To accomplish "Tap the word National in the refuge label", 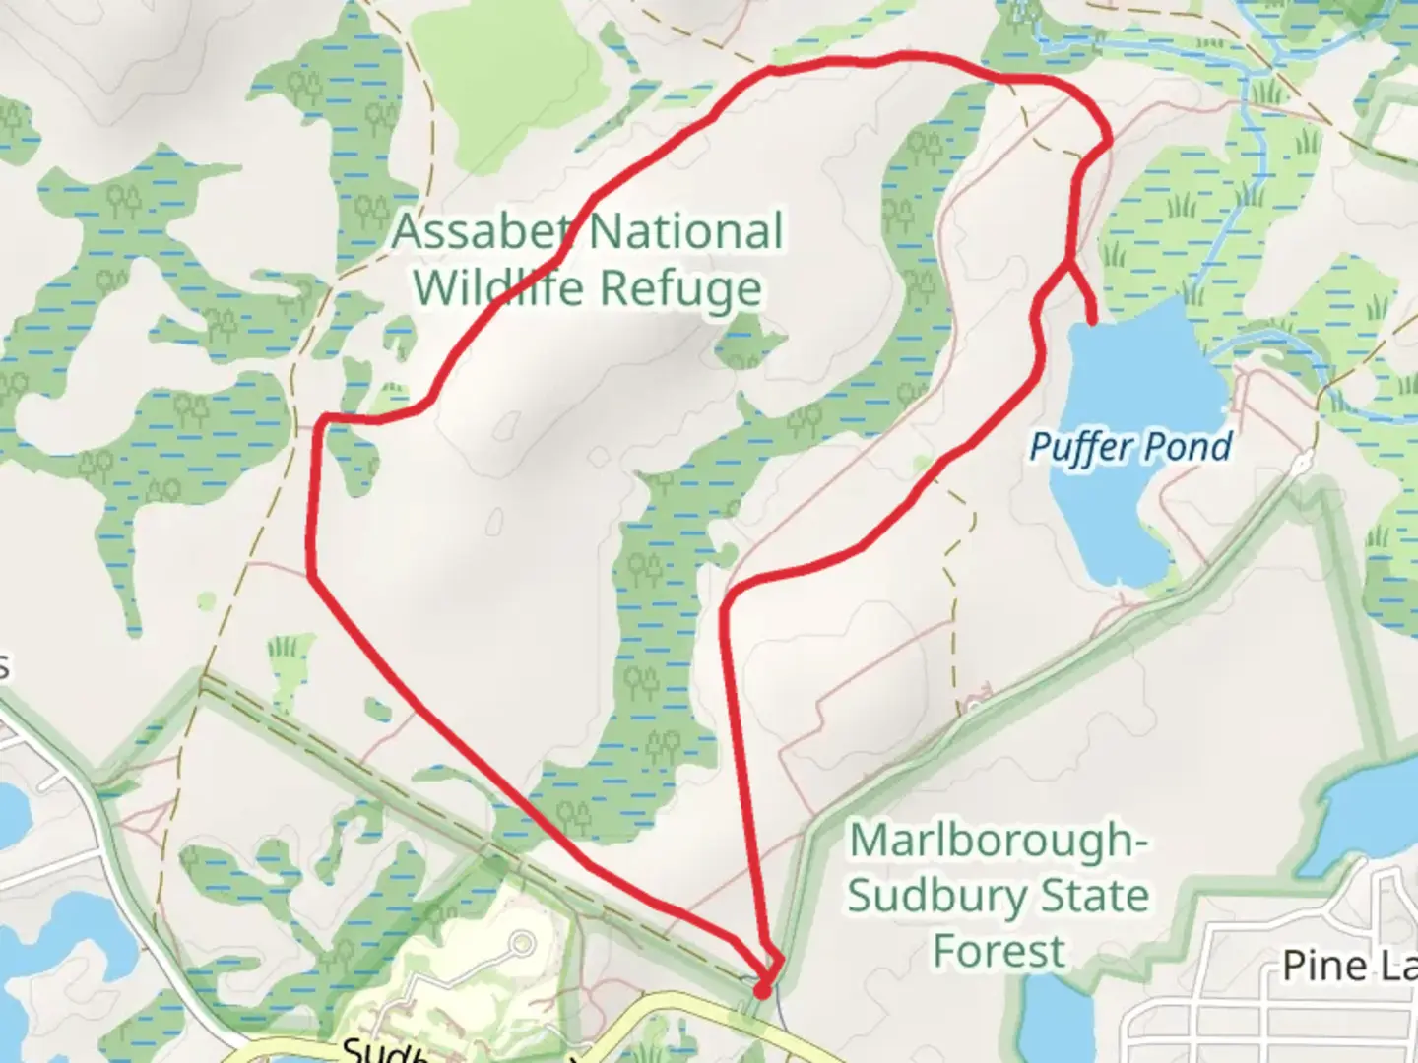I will tap(686, 232).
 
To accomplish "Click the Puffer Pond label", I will tap(1130, 447).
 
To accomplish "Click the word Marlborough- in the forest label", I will tap(998, 841).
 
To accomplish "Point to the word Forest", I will tap(999, 952).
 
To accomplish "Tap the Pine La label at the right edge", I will tap(1349, 966).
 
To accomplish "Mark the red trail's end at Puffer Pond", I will tap(1093, 319).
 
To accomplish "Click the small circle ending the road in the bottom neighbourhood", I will tap(521, 945).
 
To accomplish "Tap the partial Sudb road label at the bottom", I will tap(384, 1051).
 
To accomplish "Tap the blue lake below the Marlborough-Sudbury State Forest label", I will tap(1054, 1014).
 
